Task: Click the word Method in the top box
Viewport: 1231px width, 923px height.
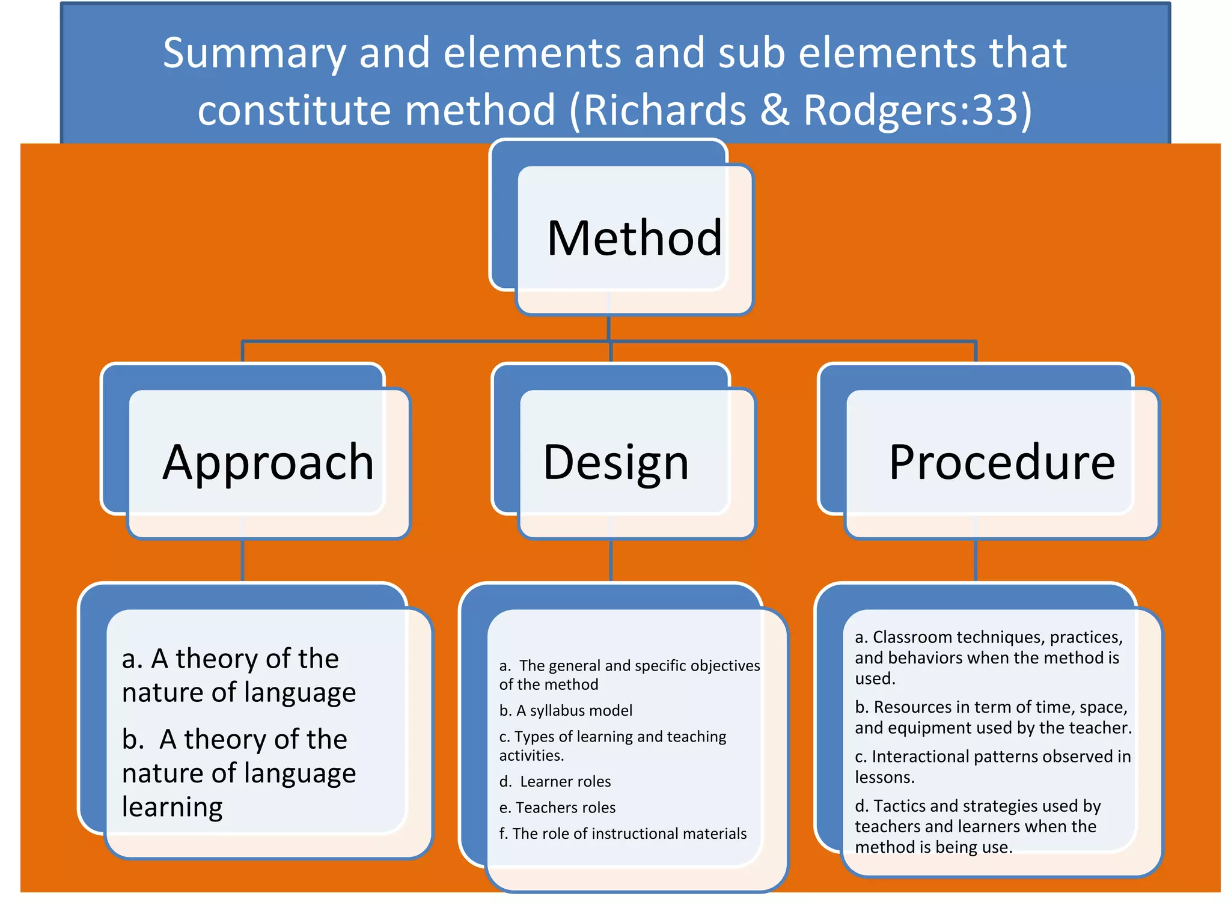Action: click(634, 239)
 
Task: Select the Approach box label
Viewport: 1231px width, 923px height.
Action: click(268, 462)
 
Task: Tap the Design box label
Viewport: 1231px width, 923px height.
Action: click(615, 462)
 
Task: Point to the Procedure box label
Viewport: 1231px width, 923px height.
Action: click(1001, 462)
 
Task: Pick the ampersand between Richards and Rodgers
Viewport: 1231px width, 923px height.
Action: click(774, 110)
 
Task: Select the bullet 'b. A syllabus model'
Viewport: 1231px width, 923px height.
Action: click(566, 710)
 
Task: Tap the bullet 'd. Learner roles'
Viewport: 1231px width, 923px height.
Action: click(555, 781)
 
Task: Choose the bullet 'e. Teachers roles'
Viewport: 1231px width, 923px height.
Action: click(557, 807)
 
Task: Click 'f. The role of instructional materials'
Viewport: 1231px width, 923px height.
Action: click(623, 833)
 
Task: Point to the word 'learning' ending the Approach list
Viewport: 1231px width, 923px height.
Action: click(172, 806)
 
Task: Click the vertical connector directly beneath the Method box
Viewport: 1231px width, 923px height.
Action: click(609, 327)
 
